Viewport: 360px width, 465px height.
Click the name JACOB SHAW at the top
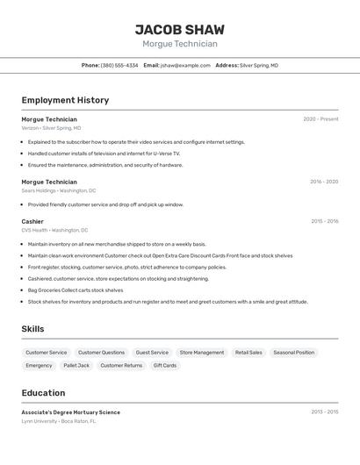click(x=179, y=29)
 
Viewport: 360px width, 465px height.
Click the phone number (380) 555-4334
click(x=119, y=65)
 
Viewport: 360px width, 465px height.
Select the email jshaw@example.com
click(x=185, y=65)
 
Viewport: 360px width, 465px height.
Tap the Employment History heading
click(x=65, y=100)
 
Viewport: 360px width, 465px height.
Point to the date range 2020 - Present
click(x=320, y=119)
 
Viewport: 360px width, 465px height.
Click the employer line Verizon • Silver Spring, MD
click(x=51, y=128)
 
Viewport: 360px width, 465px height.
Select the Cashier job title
click(x=32, y=221)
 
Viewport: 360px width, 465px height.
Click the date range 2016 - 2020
click(x=324, y=182)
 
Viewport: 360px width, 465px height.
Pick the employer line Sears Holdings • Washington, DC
click(x=59, y=190)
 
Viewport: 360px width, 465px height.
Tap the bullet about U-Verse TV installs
click(x=104, y=154)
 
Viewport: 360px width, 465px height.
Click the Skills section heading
click(x=32, y=329)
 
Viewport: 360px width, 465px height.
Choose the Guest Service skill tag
click(x=152, y=353)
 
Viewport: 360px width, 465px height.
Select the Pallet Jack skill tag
click(x=76, y=365)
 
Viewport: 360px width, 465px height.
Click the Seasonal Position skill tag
click(x=293, y=353)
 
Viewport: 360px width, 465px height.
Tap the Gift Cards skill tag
click(x=164, y=365)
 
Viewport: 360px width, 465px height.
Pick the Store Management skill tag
click(x=202, y=353)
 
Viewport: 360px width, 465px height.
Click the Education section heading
click(x=43, y=393)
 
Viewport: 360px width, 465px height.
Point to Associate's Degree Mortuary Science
click(x=71, y=412)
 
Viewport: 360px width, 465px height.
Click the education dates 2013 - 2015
click(x=324, y=411)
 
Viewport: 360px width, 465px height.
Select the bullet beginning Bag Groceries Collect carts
click(x=76, y=290)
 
